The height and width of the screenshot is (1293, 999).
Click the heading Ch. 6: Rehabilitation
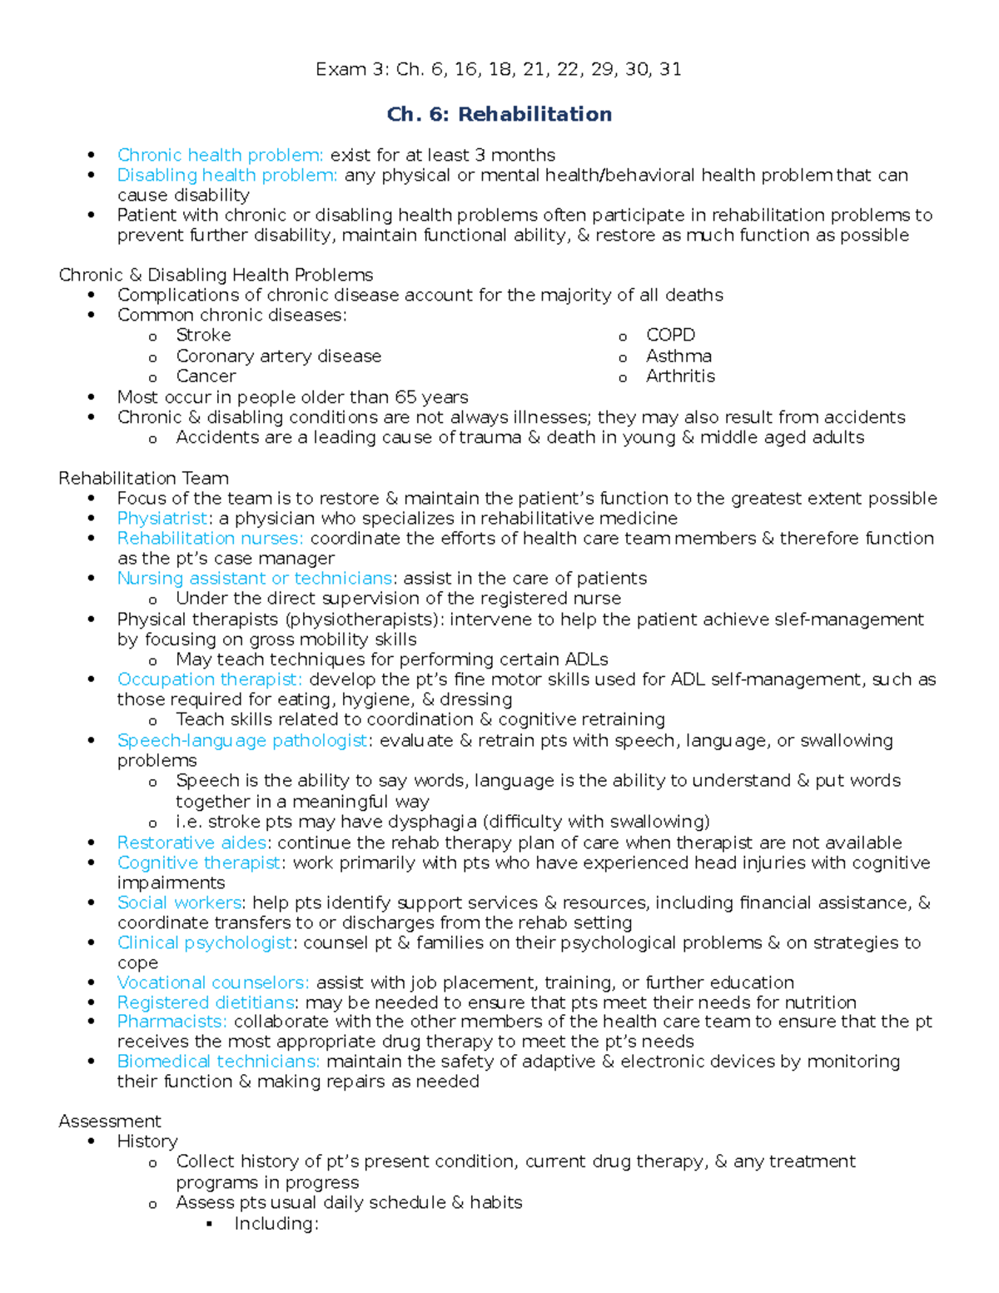click(x=499, y=114)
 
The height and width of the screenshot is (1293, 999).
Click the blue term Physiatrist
click(x=162, y=518)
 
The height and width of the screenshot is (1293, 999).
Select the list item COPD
click(x=670, y=335)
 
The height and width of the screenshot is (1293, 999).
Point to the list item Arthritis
click(x=680, y=375)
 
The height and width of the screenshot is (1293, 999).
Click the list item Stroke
click(x=203, y=335)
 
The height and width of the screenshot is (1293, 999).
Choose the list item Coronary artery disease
click(x=278, y=356)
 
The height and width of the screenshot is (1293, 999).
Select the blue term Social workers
click(x=179, y=903)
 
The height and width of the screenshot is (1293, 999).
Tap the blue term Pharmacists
click(x=171, y=1022)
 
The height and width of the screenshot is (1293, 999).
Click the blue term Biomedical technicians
click(x=218, y=1062)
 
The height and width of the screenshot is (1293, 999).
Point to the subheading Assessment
click(x=110, y=1121)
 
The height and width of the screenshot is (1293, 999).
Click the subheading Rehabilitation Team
click(x=143, y=478)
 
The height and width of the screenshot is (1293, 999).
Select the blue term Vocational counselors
click(x=212, y=982)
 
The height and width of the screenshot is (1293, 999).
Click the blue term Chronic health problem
click(x=220, y=155)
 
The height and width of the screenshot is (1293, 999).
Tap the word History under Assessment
click(x=147, y=1141)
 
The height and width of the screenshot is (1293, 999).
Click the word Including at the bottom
click(x=276, y=1223)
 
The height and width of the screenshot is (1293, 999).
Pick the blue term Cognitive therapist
click(x=198, y=863)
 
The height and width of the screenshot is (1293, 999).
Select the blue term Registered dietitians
click(x=206, y=1002)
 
